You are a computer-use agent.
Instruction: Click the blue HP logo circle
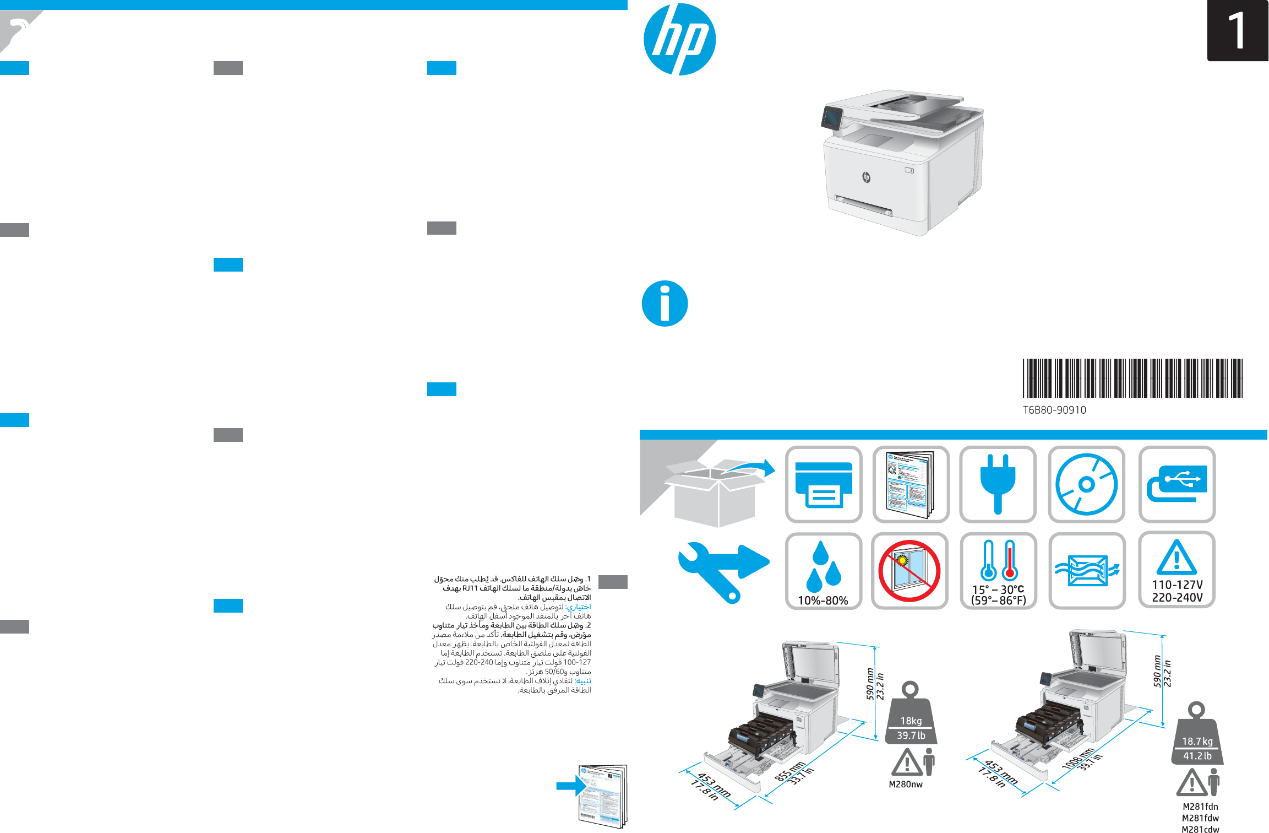click(679, 40)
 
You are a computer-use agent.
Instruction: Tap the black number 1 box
click(1237, 31)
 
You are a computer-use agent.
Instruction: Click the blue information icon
click(665, 304)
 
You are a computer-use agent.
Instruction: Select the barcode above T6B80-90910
click(1132, 378)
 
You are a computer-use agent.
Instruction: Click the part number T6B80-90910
click(1054, 410)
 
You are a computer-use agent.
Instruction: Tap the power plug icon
click(998, 484)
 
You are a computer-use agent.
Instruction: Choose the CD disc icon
click(1086, 484)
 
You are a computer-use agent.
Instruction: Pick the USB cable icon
click(1177, 484)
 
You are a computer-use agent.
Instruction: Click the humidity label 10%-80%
click(823, 601)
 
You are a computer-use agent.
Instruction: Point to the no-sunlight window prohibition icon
click(909, 571)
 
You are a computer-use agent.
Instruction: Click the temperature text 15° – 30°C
click(998, 589)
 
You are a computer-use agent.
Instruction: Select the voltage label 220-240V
click(1177, 597)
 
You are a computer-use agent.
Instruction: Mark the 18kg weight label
click(911, 721)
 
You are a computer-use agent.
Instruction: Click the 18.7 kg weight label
click(1197, 742)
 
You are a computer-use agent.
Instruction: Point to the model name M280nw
click(906, 785)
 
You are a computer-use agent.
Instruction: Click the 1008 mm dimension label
click(1077, 759)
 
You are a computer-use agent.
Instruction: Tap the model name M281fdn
click(1200, 807)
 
